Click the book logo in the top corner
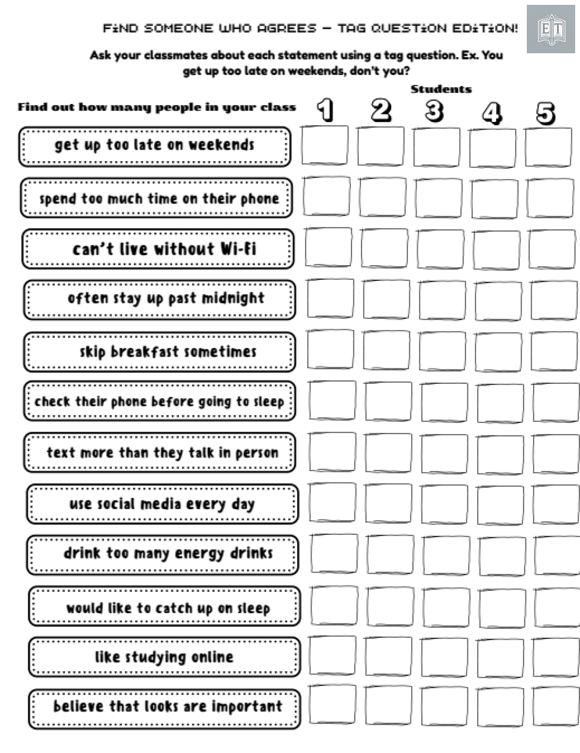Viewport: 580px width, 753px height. click(x=551, y=29)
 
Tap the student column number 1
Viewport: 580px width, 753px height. click(x=326, y=110)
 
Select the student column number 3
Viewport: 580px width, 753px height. click(x=434, y=111)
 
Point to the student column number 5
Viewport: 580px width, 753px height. click(x=546, y=113)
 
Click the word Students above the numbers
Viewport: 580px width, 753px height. click(x=441, y=89)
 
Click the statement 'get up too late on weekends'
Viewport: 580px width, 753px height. click(x=154, y=145)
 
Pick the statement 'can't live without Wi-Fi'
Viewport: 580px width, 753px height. click(x=164, y=249)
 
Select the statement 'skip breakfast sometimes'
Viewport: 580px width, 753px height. click(x=168, y=352)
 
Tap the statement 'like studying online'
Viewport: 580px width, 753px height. click(x=164, y=657)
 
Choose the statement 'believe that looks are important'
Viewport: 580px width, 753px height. click(x=167, y=707)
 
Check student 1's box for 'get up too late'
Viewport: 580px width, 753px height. click(x=325, y=146)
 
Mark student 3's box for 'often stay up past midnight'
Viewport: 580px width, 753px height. click(x=442, y=300)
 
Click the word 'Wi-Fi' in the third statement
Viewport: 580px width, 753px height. click(x=238, y=249)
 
